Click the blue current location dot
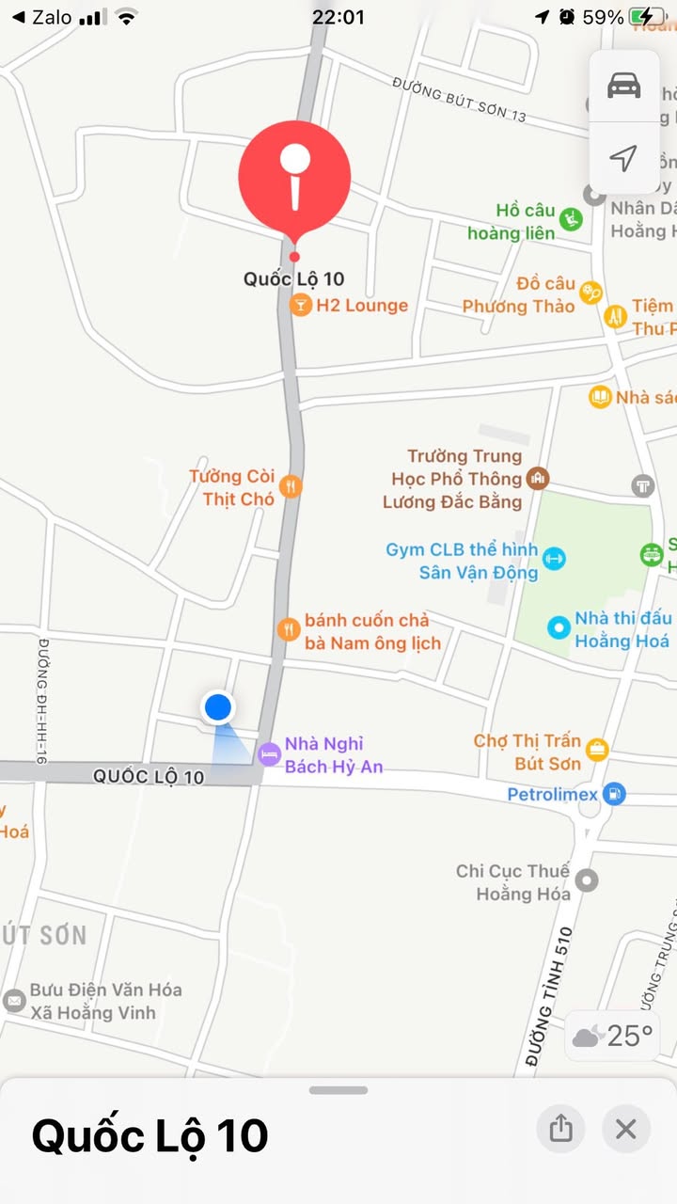pyautogui.click(x=218, y=706)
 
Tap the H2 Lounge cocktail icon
pyautogui.click(x=300, y=305)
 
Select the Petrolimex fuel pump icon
pyautogui.click(x=613, y=794)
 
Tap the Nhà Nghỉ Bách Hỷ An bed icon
pyautogui.click(x=270, y=753)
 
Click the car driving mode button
pyautogui.click(x=623, y=87)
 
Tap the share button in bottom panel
pyautogui.click(x=560, y=1128)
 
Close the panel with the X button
pyautogui.click(x=626, y=1128)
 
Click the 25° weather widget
pyautogui.click(x=612, y=1037)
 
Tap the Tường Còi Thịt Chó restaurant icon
pyautogui.click(x=291, y=486)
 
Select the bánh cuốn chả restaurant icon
pyautogui.click(x=289, y=630)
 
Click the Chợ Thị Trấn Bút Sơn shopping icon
pyautogui.click(x=597, y=750)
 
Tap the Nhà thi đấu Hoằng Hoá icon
pyautogui.click(x=559, y=627)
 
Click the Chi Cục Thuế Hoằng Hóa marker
pyautogui.click(x=587, y=881)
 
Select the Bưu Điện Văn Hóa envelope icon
pyautogui.click(x=14, y=1001)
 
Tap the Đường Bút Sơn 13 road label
pyautogui.click(x=459, y=102)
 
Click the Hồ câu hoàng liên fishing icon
pyautogui.click(x=570, y=220)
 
